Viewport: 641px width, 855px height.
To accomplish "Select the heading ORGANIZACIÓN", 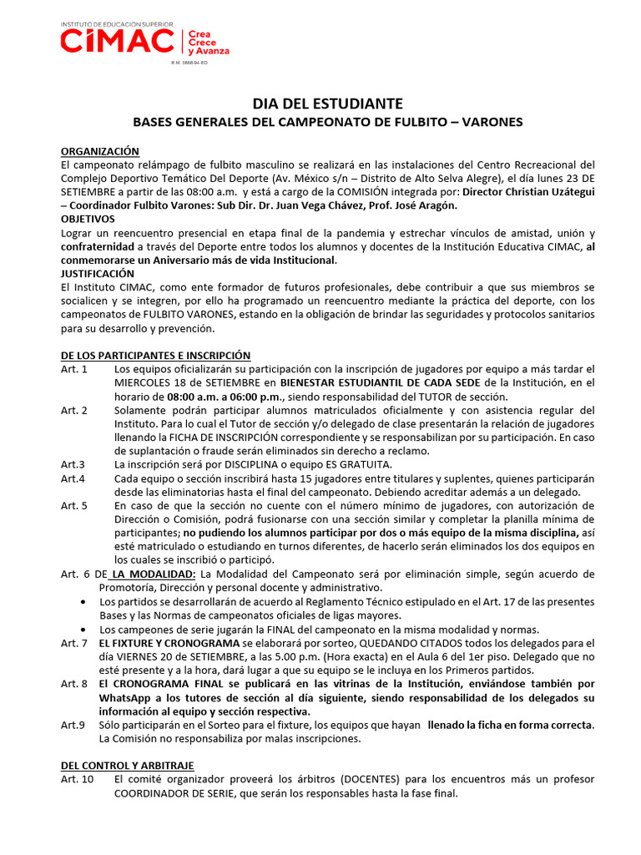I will (100, 151).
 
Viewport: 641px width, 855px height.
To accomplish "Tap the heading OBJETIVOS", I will (88, 219).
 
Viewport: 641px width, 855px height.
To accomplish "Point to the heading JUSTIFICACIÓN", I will (98, 273).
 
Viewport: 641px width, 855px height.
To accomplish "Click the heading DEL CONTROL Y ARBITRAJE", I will (128, 764).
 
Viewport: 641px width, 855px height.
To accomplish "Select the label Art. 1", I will (74, 368).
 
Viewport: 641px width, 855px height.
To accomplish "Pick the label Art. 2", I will (74, 410).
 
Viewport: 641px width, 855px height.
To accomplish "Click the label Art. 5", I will (74, 505).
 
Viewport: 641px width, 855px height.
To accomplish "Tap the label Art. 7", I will (74, 642).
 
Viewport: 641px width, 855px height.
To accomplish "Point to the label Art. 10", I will (77, 778).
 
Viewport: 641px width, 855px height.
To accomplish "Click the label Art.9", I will (73, 725).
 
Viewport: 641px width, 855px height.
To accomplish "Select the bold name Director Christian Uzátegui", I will (528, 191).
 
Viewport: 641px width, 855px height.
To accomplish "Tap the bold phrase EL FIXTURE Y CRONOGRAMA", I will (169, 642).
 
